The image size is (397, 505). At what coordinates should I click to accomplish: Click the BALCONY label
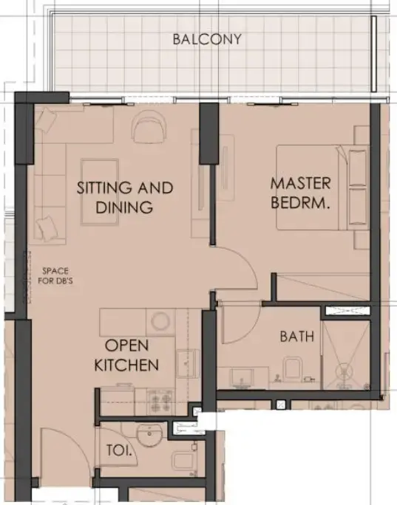click(x=206, y=39)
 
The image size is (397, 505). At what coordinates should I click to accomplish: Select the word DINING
click(x=124, y=207)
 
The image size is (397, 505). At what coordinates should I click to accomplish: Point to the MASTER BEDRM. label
click(x=300, y=192)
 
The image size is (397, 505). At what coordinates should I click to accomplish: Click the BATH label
click(x=296, y=337)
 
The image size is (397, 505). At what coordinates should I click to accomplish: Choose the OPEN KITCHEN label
click(x=132, y=354)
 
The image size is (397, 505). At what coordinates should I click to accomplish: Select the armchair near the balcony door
click(x=150, y=128)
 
